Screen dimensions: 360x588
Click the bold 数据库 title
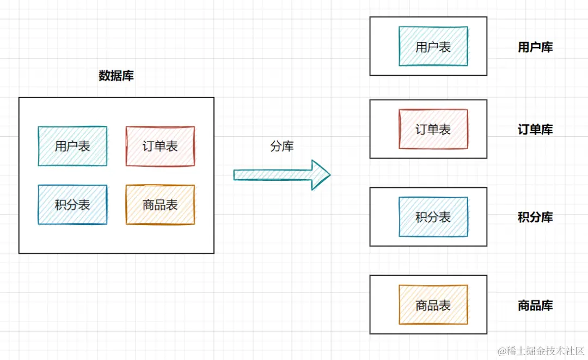[x=116, y=76]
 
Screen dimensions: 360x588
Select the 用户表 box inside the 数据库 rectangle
[x=72, y=146]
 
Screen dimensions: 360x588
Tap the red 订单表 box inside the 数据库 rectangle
[x=160, y=146]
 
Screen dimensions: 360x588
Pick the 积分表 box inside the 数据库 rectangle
[x=72, y=205]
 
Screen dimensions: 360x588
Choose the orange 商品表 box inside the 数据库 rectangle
[x=160, y=205]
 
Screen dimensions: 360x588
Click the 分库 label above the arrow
[x=282, y=147]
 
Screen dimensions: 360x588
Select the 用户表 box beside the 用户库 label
[x=433, y=46]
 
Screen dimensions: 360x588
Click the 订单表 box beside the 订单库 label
[x=433, y=129]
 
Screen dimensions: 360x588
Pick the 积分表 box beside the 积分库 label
[x=433, y=217]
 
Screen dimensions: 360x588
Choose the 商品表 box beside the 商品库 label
[x=433, y=305]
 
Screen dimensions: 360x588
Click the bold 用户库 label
[x=535, y=47]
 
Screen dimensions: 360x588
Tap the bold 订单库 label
[x=535, y=130]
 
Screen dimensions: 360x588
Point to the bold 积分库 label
[x=535, y=218]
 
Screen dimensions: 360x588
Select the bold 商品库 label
[x=535, y=306]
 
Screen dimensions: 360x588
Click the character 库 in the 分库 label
[x=288, y=147]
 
